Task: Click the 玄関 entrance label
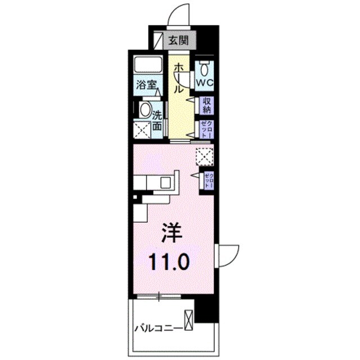[180, 40]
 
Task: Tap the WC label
[203, 83]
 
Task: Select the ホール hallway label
[178, 78]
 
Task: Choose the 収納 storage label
[206, 105]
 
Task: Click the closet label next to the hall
[206, 130]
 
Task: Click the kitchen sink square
[166, 182]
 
